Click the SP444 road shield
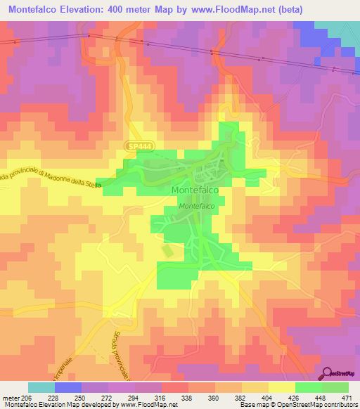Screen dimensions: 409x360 (141, 145)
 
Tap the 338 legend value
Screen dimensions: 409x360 (188, 397)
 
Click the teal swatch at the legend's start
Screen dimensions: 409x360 (41, 387)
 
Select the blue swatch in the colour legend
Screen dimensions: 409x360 (68, 387)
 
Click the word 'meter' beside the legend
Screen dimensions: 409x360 (13, 397)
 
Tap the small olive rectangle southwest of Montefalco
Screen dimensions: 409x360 (167, 251)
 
